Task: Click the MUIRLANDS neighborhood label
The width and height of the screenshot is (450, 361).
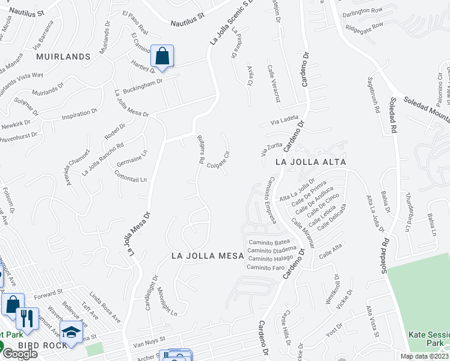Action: point(63,57)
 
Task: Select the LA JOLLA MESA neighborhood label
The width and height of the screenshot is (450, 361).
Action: point(208,256)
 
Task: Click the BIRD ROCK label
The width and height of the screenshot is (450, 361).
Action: point(37,345)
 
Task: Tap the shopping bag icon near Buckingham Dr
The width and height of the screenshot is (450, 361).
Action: point(162,57)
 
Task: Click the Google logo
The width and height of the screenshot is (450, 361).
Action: point(19,354)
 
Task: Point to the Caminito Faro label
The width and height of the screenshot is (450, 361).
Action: point(265,267)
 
